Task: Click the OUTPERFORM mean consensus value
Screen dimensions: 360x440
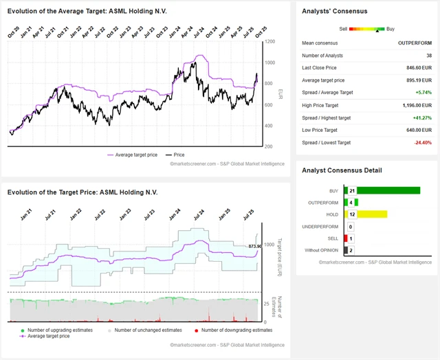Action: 415,43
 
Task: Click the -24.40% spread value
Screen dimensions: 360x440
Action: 421,142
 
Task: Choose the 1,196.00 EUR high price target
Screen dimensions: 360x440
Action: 414,105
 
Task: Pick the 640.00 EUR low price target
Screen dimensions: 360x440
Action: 417,130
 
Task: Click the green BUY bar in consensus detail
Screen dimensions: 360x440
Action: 388,190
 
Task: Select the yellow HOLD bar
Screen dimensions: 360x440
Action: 372,214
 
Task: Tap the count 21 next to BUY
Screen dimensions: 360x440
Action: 351,190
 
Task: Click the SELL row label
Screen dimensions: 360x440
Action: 334,238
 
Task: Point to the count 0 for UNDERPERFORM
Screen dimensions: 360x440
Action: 351,226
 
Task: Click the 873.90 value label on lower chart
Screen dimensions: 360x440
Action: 256,245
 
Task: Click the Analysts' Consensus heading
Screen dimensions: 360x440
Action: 335,12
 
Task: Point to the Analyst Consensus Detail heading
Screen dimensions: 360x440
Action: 342,170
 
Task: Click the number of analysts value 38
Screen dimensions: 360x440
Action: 428,56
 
